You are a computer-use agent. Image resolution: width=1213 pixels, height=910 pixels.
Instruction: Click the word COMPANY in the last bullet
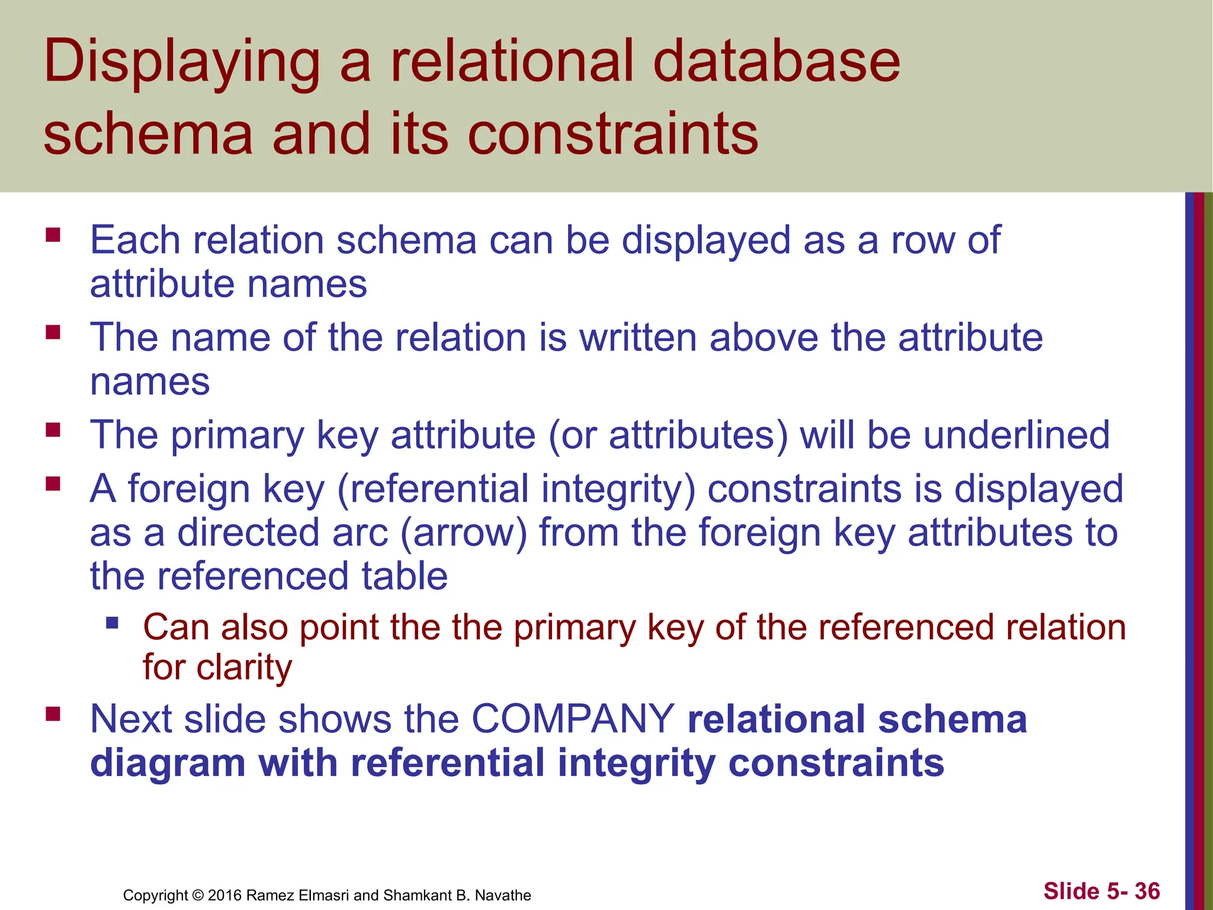[x=573, y=719]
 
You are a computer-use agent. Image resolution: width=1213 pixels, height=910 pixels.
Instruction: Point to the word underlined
[x=1016, y=435]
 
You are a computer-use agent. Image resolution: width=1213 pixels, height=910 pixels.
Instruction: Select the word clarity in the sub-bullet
[x=244, y=668]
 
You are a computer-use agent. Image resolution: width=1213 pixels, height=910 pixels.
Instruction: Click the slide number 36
[x=1147, y=891]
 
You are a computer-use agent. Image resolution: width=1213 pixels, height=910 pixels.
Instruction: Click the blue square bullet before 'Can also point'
[x=112, y=623]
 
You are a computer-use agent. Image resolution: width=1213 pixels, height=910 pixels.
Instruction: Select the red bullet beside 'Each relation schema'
[x=53, y=235]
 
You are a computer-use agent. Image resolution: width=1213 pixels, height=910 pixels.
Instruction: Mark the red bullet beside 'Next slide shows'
[x=53, y=714]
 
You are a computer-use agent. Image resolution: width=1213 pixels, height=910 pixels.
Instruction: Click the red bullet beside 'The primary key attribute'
[x=53, y=430]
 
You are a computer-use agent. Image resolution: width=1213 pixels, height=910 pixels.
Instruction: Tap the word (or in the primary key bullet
[x=572, y=435]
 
